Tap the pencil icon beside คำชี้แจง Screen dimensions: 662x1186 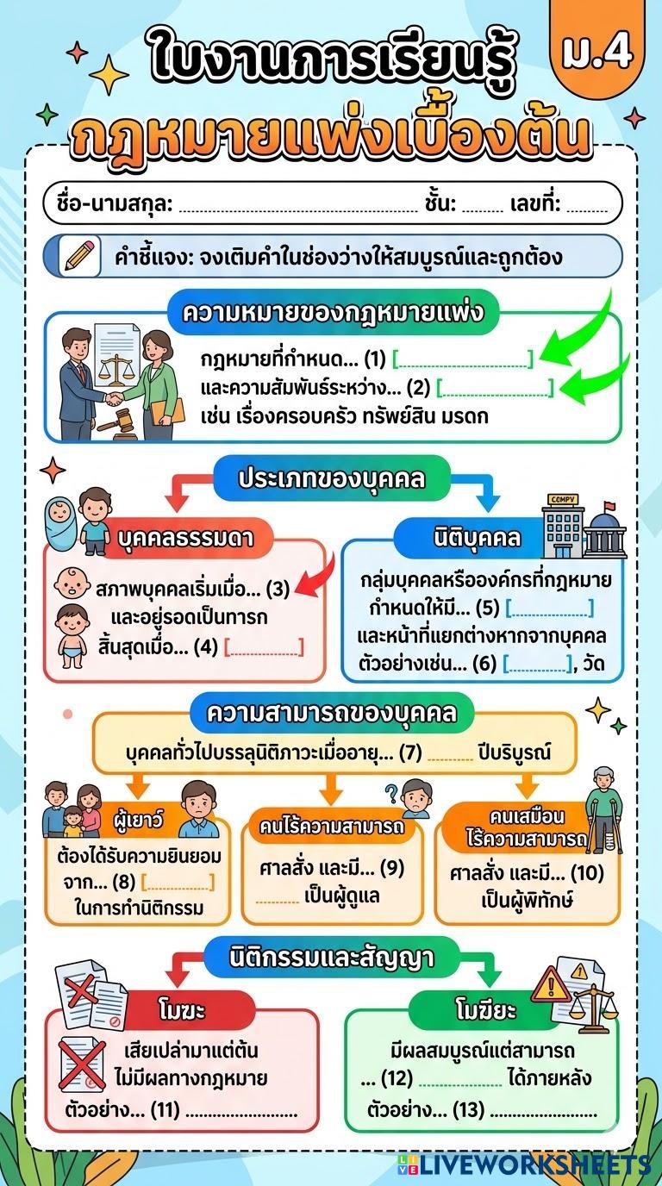[78, 256]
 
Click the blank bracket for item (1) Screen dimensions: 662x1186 [463, 358]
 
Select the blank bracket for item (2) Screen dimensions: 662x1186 [495, 388]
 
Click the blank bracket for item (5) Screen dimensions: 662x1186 [549, 608]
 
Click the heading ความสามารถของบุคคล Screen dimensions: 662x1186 [328, 714]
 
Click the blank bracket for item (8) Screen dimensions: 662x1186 [177, 882]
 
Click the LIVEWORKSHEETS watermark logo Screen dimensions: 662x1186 [524, 1164]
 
